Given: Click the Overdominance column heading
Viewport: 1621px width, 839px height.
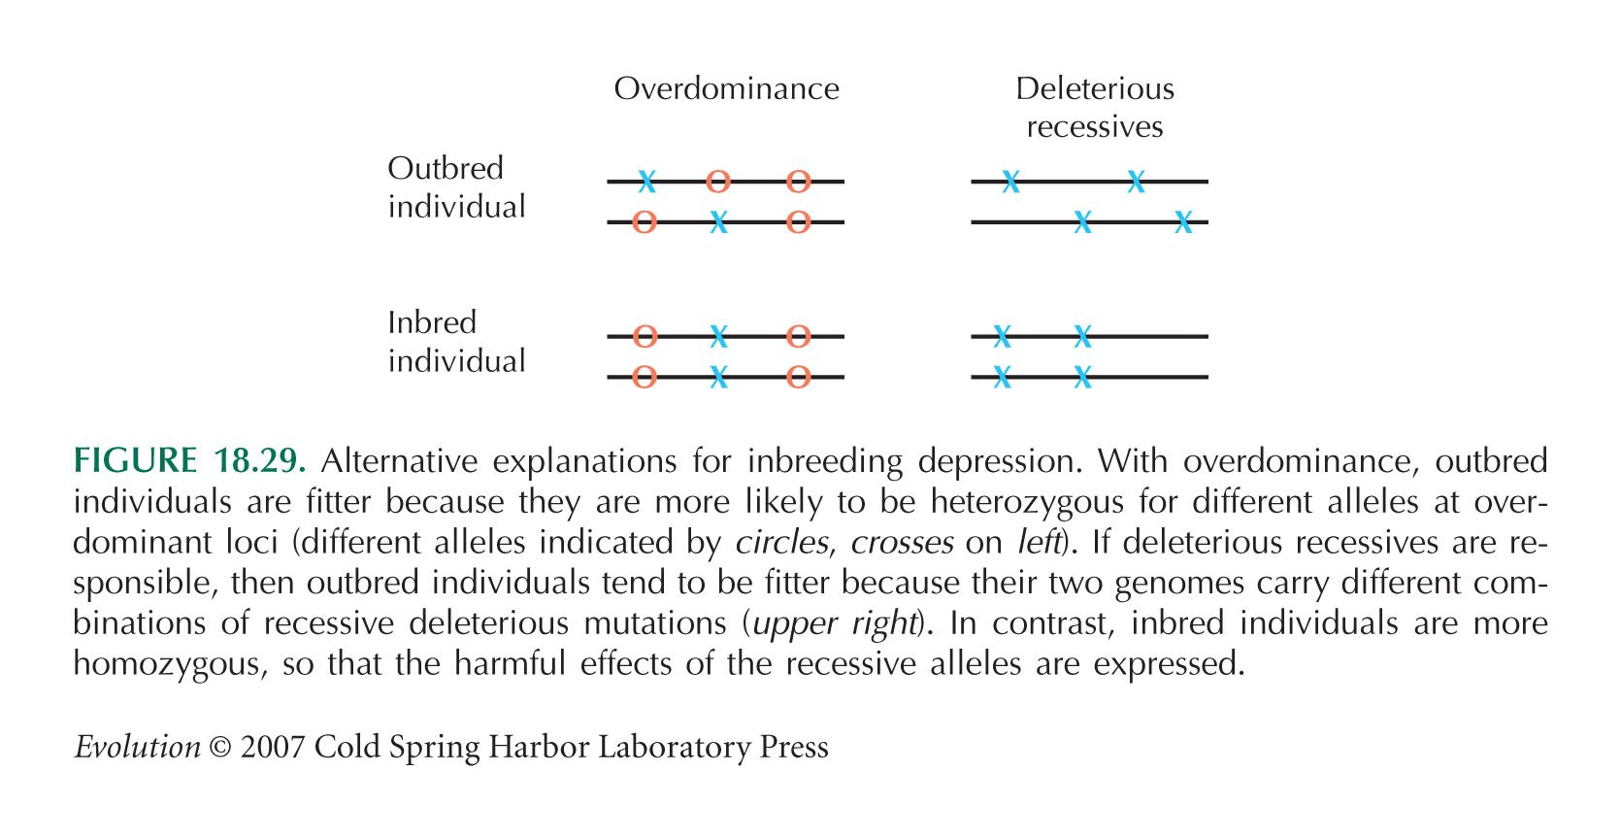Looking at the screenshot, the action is click(x=727, y=89).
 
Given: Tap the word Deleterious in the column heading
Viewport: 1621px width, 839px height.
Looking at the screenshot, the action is click(x=1094, y=89).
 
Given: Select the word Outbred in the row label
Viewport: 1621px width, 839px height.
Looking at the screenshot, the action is click(x=446, y=169).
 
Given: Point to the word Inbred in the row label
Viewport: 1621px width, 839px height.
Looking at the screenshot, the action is click(x=432, y=322).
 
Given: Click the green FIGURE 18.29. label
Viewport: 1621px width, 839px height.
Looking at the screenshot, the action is click(x=189, y=460).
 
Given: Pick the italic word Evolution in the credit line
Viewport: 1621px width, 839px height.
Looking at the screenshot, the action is click(x=138, y=747).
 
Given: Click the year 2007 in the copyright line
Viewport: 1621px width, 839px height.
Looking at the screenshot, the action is click(x=272, y=747).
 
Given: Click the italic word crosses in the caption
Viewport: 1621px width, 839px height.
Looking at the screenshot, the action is click(x=902, y=542).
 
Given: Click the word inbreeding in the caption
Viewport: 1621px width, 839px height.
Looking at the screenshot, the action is click(x=825, y=462).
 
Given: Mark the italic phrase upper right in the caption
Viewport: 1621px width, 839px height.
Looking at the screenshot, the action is click(x=835, y=624).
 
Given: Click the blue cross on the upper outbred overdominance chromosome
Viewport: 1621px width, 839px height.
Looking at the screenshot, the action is click(x=647, y=181).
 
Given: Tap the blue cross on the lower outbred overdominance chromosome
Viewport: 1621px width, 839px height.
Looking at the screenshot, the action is click(x=718, y=221).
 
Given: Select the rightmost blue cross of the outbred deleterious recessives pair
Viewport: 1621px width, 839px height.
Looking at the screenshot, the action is click(x=1183, y=221).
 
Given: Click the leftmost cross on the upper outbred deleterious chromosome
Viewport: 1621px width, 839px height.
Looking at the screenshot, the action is click(x=1011, y=181).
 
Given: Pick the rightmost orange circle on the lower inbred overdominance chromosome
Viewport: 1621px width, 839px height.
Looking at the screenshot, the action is click(x=798, y=377).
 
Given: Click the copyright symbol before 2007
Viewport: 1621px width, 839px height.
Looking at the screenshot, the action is click(x=220, y=748).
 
